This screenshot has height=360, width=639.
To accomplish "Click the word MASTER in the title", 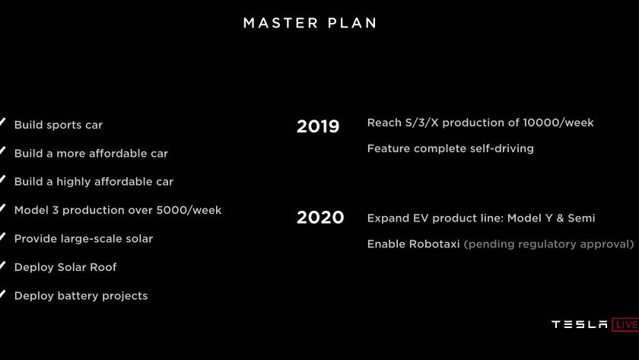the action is (x=281, y=23).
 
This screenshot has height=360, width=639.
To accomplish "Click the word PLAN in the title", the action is (x=352, y=23).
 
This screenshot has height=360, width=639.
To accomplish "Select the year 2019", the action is (x=318, y=126).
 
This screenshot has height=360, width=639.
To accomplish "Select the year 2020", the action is (x=320, y=218).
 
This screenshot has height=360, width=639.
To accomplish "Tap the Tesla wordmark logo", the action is (x=579, y=324).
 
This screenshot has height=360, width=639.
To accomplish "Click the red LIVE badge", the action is (x=625, y=324).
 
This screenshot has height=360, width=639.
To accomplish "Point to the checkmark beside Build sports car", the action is (x=2, y=123).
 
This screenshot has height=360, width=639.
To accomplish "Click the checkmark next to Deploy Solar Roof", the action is (x=2, y=265).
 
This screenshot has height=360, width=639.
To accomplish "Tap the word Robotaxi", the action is (x=434, y=244).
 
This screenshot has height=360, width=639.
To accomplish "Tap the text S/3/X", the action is (x=421, y=123).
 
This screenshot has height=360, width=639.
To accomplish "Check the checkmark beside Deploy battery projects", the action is (x=2, y=294).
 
